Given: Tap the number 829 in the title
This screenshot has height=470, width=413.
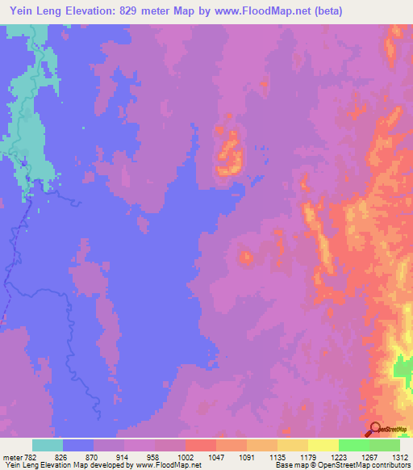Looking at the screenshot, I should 146,11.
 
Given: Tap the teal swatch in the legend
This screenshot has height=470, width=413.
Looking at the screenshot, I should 48,445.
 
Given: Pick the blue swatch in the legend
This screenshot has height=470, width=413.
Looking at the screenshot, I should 78,445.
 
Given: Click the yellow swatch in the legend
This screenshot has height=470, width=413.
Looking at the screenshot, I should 323,445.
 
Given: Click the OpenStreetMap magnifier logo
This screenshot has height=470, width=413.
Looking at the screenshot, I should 374,430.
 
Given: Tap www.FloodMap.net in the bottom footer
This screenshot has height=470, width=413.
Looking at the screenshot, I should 169,465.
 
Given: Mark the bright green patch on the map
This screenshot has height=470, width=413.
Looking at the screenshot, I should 400,368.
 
